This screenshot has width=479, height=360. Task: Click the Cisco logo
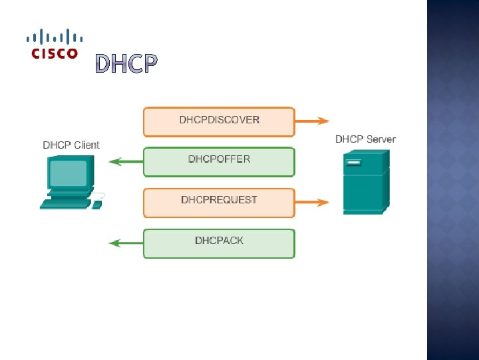tap(55, 44)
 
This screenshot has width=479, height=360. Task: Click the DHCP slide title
tap(126, 64)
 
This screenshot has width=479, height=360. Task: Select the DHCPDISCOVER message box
tap(219, 121)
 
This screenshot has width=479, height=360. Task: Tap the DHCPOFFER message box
tap(219, 161)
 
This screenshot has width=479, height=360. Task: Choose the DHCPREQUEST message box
tap(219, 202)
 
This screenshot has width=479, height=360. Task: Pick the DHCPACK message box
tap(219, 243)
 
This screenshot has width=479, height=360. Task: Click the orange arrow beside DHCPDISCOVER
tap(312, 121)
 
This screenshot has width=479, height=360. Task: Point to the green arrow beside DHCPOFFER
tap(126, 161)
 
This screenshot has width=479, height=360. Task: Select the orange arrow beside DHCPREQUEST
tap(312, 201)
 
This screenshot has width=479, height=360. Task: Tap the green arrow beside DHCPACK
tap(126, 243)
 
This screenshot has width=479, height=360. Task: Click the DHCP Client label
tap(71, 145)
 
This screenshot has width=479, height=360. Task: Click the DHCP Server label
tap(365, 139)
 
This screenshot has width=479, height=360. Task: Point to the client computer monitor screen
tap(68, 173)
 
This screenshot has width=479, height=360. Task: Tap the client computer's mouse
tap(97, 204)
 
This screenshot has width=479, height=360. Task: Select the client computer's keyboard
tap(65, 205)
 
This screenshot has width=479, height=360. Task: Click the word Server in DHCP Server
tap(381, 139)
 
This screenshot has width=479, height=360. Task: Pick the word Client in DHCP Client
tap(86, 145)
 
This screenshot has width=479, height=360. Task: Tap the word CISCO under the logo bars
tap(55, 54)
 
